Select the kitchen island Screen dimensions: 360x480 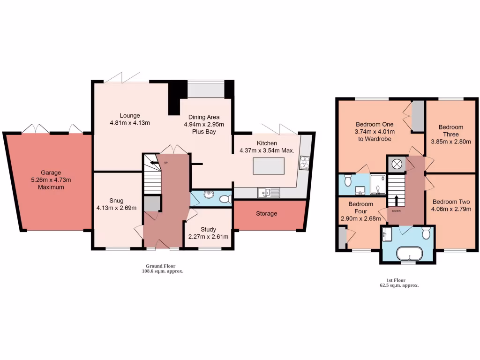point(268,165)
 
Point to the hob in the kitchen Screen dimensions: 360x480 point(304,162)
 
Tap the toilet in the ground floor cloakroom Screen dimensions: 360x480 point(226,199)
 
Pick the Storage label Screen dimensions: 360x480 point(266,214)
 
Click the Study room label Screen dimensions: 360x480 point(208,229)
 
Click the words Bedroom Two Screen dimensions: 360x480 point(451,202)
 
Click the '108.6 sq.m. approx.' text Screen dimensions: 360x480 point(163,271)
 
